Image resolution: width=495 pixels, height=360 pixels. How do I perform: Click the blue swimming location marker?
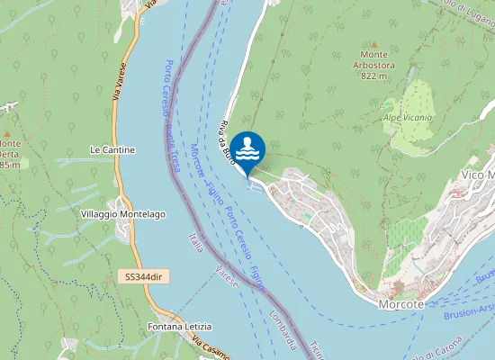coord(247,148)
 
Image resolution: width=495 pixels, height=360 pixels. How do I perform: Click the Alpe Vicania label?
coord(408,117)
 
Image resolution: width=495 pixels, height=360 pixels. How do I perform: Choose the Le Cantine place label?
coord(112,149)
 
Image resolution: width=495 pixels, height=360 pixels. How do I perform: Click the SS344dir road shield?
coord(145,276)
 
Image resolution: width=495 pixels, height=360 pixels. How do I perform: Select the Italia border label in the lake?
coord(196,242)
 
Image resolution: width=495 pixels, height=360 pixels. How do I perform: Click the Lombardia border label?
coord(283,330)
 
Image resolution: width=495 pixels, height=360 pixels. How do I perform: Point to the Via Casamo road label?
coord(209,344)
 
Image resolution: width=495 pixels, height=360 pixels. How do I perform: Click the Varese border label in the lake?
coord(227,277)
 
